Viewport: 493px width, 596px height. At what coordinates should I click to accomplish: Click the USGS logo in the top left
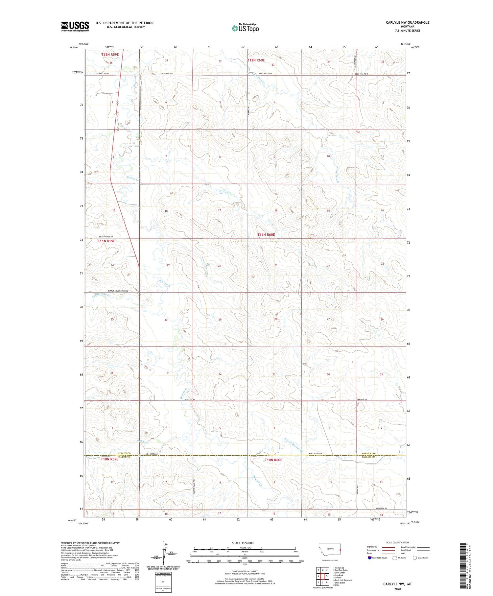(75, 26)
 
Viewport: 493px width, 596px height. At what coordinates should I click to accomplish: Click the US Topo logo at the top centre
(245, 28)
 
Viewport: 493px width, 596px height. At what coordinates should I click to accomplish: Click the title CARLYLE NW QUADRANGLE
(408, 22)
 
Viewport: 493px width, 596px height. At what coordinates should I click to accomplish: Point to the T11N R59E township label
(106, 241)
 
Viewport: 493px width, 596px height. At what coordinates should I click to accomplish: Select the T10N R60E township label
(273, 460)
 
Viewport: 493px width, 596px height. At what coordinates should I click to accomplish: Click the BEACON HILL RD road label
(106, 237)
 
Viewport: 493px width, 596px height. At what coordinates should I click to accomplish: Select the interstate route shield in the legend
(370, 558)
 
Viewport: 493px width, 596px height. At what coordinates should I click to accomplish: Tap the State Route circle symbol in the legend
(415, 558)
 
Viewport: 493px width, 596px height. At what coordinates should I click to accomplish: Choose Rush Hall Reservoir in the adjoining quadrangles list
(343, 580)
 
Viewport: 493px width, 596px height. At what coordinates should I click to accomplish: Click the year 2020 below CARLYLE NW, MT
(397, 589)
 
